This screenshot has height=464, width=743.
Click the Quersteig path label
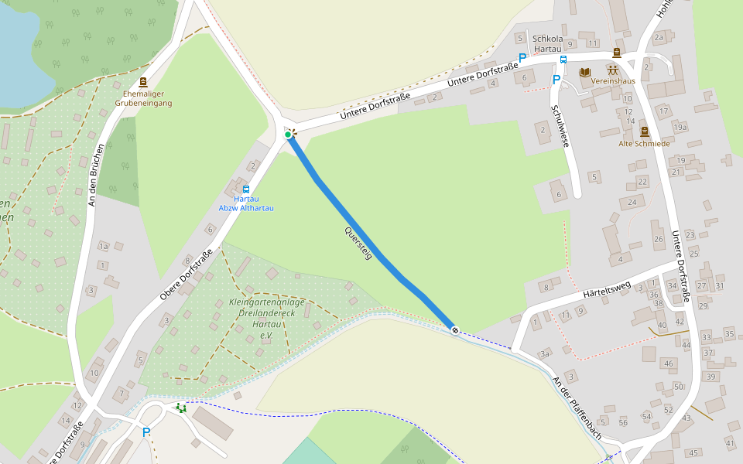pyautogui.click(x=358, y=243)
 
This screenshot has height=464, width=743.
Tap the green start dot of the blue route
pyautogui.click(x=288, y=135)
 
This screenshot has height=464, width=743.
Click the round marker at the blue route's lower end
pyautogui.click(x=455, y=330)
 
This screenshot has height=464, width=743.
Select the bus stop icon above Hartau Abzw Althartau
pyautogui.click(x=246, y=189)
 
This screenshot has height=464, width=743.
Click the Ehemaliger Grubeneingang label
pyautogui.click(x=143, y=98)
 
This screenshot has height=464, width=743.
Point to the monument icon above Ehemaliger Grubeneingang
pyautogui.click(x=143, y=82)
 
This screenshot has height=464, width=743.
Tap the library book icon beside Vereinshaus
pyautogui.click(x=584, y=72)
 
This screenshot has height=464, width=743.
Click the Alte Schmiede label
pyautogui.click(x=644, y=143)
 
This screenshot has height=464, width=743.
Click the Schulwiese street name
pyautogui.click(x=560, y=126)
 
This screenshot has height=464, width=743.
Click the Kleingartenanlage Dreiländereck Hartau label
pyautogui.click(x=267, y=319)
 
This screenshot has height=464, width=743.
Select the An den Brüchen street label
pyautogui.click(x=96, y=174)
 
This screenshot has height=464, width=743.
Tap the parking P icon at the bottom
pyautogui.click(x=146, y=432)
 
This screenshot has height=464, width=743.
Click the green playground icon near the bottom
pyautogui.click(x=181, y=408)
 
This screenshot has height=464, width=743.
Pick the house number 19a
pyautogui.click(x=680, y=127)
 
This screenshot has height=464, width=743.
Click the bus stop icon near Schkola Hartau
pyautogui.click(x=563, y=60)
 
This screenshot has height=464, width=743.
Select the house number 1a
pyautogui.click(x=104, y=247)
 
